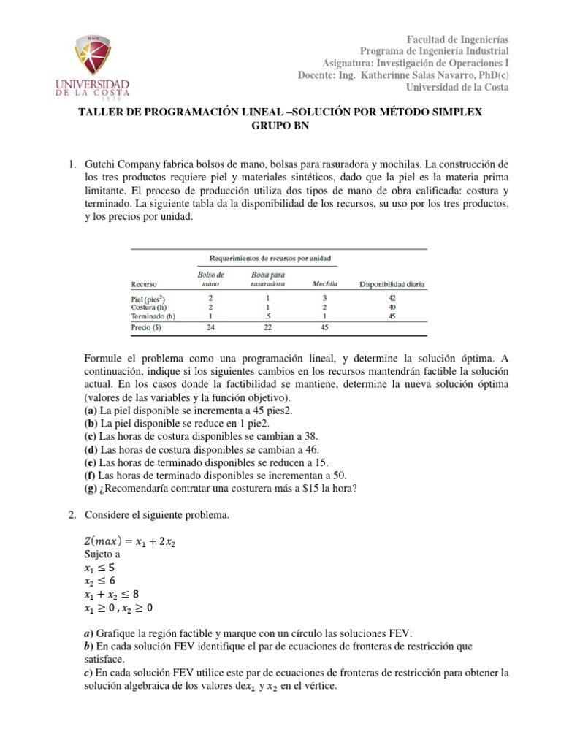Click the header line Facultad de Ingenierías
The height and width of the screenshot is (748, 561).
457,38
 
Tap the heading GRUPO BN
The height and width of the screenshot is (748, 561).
280,126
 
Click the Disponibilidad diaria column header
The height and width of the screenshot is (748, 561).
392,284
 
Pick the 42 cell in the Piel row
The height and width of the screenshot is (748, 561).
392,299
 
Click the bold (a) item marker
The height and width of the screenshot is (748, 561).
92,411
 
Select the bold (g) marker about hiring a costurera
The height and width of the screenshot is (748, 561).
92,489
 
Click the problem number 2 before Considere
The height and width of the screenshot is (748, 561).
71,516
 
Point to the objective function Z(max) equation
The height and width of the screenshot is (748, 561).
137,541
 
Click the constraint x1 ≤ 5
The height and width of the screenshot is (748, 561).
100,567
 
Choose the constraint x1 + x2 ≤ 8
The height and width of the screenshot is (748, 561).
119,594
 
